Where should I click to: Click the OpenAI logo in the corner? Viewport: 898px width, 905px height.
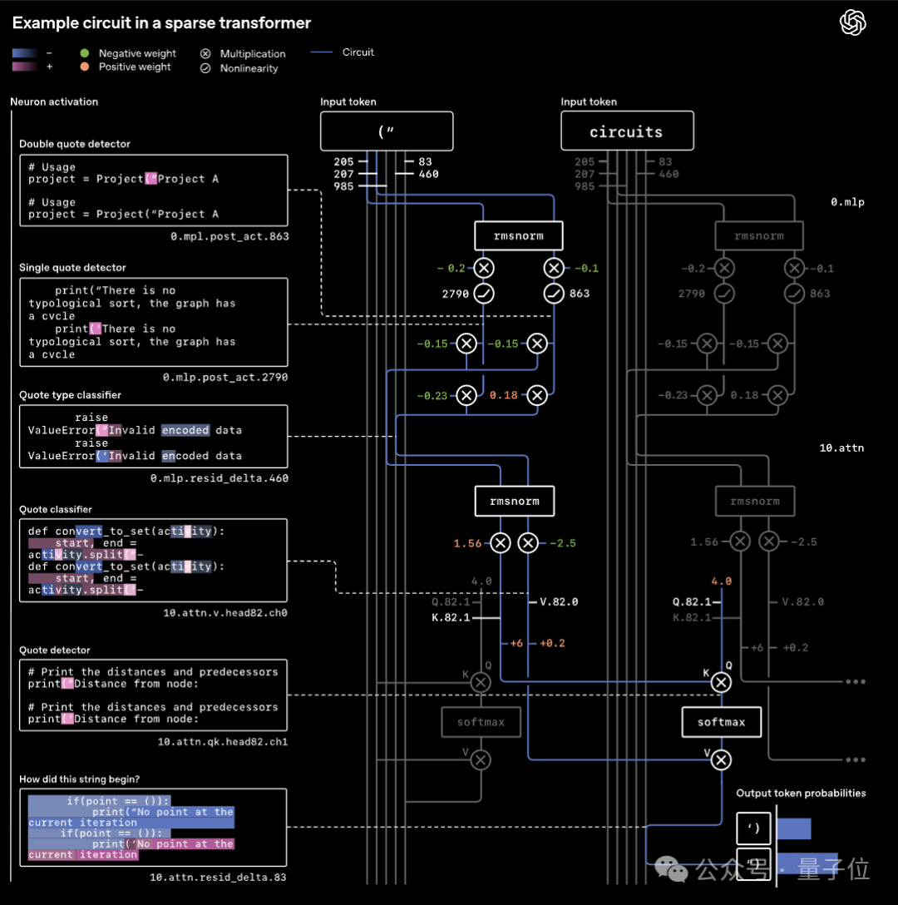(852, 22)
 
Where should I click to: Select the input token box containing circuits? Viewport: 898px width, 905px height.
(626, 131)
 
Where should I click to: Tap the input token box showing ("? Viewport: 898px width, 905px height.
(387, 131)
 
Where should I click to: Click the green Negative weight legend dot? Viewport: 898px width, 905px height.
(84, 53)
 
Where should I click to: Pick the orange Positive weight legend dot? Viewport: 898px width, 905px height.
(84, 67)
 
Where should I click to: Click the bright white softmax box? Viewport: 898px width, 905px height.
(721, 722)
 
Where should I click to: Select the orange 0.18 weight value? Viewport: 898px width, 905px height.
(504, 395)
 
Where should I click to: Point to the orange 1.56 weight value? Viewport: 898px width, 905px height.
(467, 543)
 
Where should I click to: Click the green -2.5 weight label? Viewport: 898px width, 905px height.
(563, 543)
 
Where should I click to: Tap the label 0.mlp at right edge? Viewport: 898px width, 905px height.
(847, 202)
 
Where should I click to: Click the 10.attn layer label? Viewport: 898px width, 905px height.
(841, 448)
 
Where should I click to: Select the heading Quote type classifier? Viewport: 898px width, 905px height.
(70, 395)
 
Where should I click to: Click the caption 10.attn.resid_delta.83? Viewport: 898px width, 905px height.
(218, 877)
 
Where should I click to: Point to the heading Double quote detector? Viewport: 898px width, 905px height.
(75, 144)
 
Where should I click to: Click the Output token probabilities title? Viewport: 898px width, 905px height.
(801, 793)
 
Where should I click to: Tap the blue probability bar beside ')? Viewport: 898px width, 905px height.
(793, 828)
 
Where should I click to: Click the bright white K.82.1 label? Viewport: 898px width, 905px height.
(451, 617)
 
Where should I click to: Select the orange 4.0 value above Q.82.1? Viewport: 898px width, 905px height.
(721, 581)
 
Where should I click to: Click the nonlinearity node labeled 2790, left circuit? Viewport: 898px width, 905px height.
(483, 294)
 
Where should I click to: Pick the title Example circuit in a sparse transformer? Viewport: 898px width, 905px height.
(161, 23)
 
